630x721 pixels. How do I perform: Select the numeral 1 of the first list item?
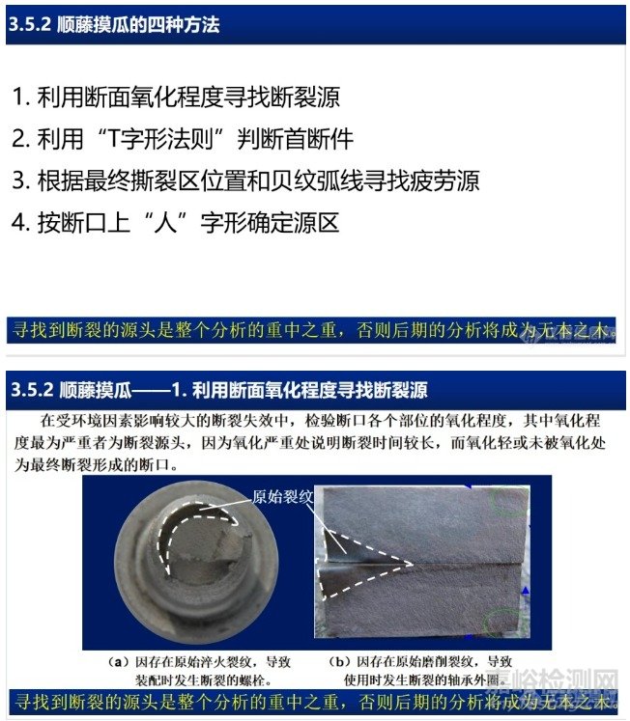pos(19,97)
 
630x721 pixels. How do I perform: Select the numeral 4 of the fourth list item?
pos(19,223)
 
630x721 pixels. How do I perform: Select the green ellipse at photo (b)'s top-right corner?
pos(509,500)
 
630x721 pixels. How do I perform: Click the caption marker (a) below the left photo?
pos(118,663)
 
